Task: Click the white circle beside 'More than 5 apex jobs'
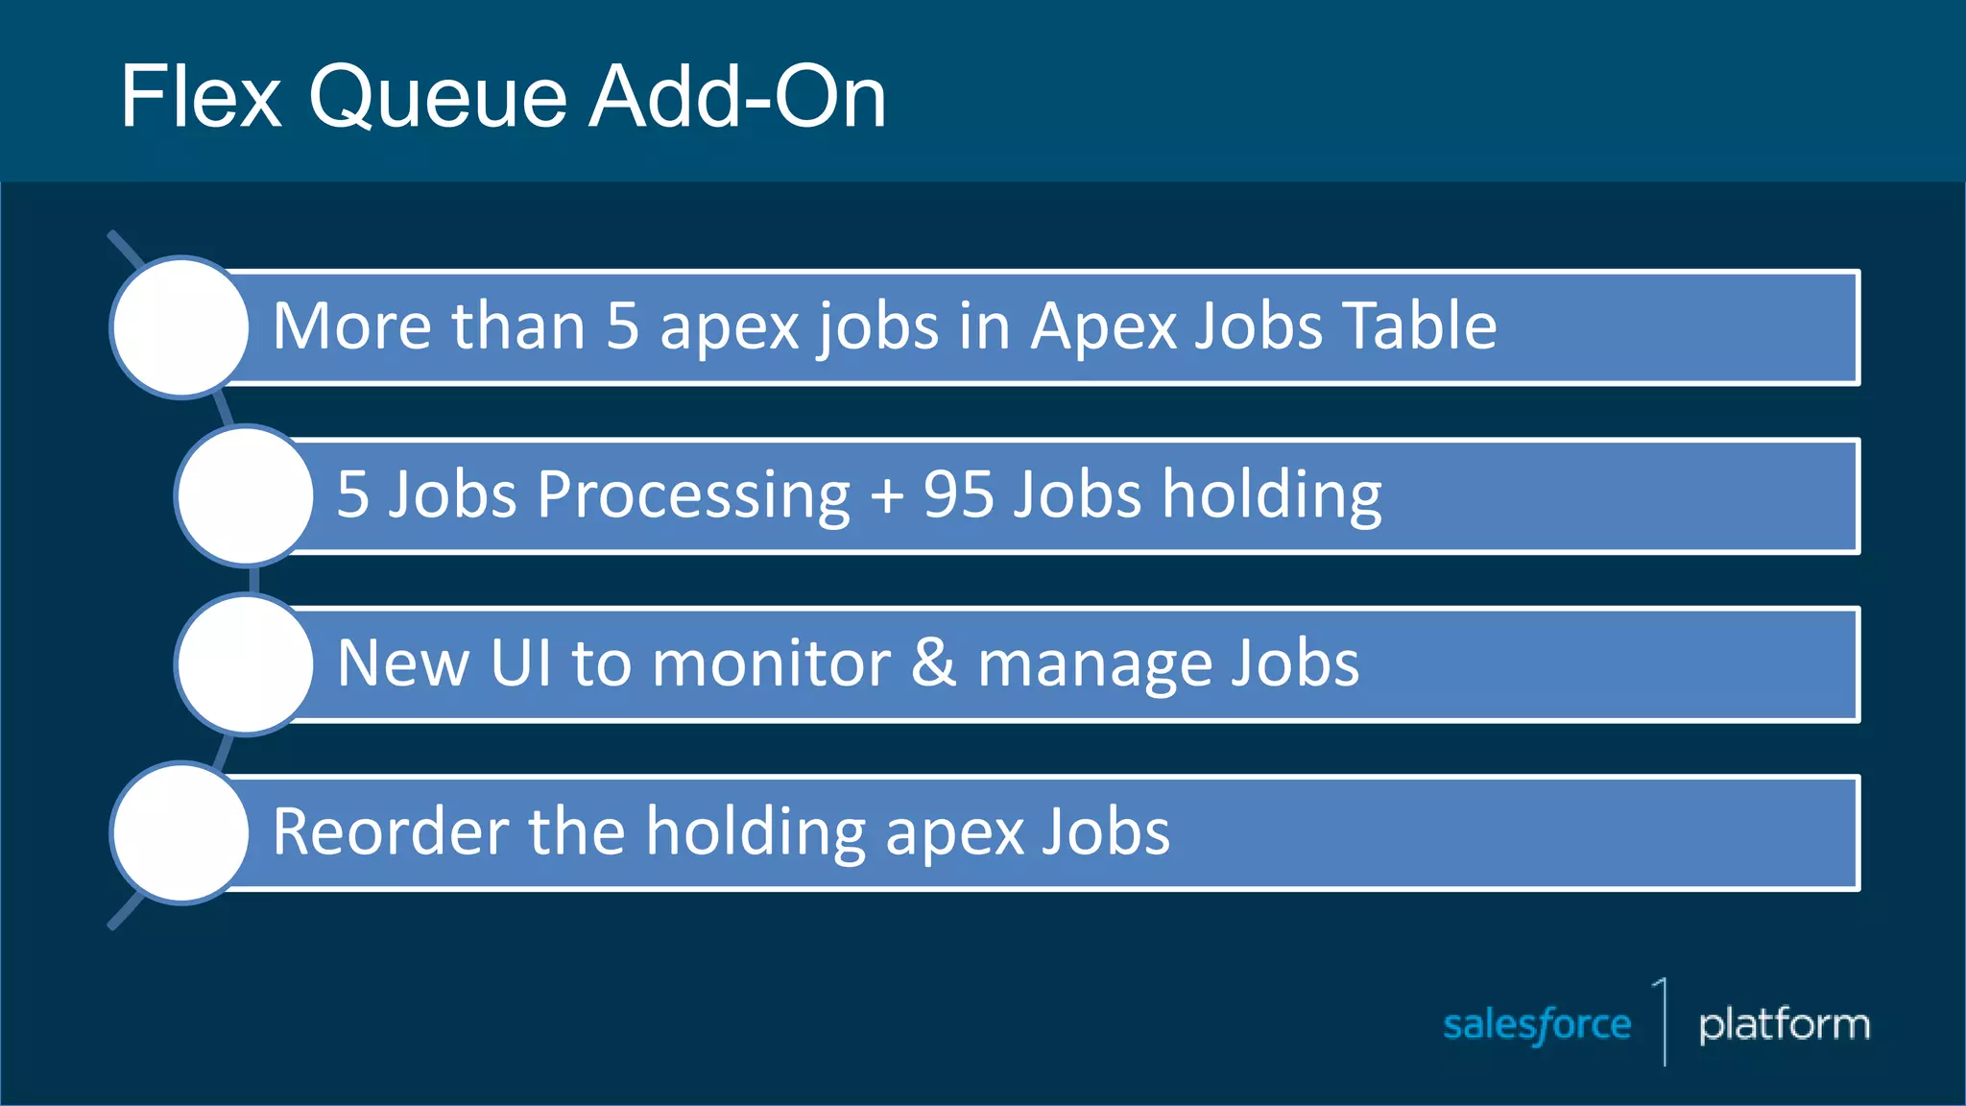[180, 327]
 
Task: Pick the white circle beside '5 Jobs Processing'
[246, 495]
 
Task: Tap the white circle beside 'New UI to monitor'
[246, 664]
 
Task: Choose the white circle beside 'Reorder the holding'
[180, 832]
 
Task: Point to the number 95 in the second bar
[958, 494]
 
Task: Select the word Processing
[693, 496]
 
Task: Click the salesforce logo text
[1536, 1025]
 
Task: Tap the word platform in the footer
[1784, 1025]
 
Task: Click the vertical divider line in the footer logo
[1665, 1023]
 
